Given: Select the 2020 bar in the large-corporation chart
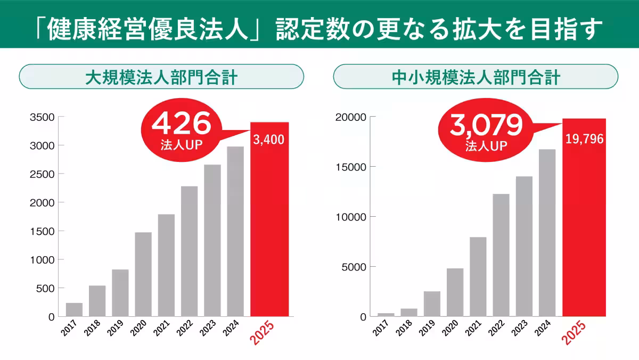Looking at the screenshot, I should (143, 274).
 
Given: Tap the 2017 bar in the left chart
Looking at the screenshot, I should (74, 309).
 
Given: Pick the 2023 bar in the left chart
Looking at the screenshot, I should (212, 240).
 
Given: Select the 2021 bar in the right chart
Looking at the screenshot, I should (478, 276).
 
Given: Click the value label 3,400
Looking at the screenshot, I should (269, 140).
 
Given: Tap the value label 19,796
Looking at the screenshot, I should (584, 140).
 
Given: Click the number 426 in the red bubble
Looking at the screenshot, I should (181, 125).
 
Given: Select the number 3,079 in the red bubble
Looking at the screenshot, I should (485, 125).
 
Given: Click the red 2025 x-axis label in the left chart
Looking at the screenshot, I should (264, 333).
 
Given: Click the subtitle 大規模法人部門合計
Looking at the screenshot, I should (161, 78).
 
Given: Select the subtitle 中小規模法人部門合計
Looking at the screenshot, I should (476, 78).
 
